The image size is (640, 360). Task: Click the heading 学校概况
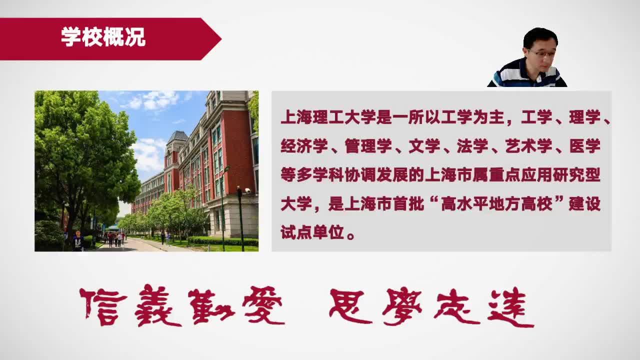tap(103, 37)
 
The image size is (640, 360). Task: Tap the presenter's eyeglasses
tap(541, 53)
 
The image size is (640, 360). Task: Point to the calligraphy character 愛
tap(263, 305)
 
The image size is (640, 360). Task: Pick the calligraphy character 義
tap(157, 305)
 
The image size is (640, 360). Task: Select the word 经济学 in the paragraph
tap(304, 146)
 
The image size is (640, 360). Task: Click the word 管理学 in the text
tap(368, 146)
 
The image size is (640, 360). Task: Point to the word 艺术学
tap(528, 146)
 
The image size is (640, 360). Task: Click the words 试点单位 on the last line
tap(312, 233)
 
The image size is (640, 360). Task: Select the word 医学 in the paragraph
tap(584, 146)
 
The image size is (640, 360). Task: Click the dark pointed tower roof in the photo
tap(177, 137)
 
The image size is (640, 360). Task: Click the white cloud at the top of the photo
tap(154, 100)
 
